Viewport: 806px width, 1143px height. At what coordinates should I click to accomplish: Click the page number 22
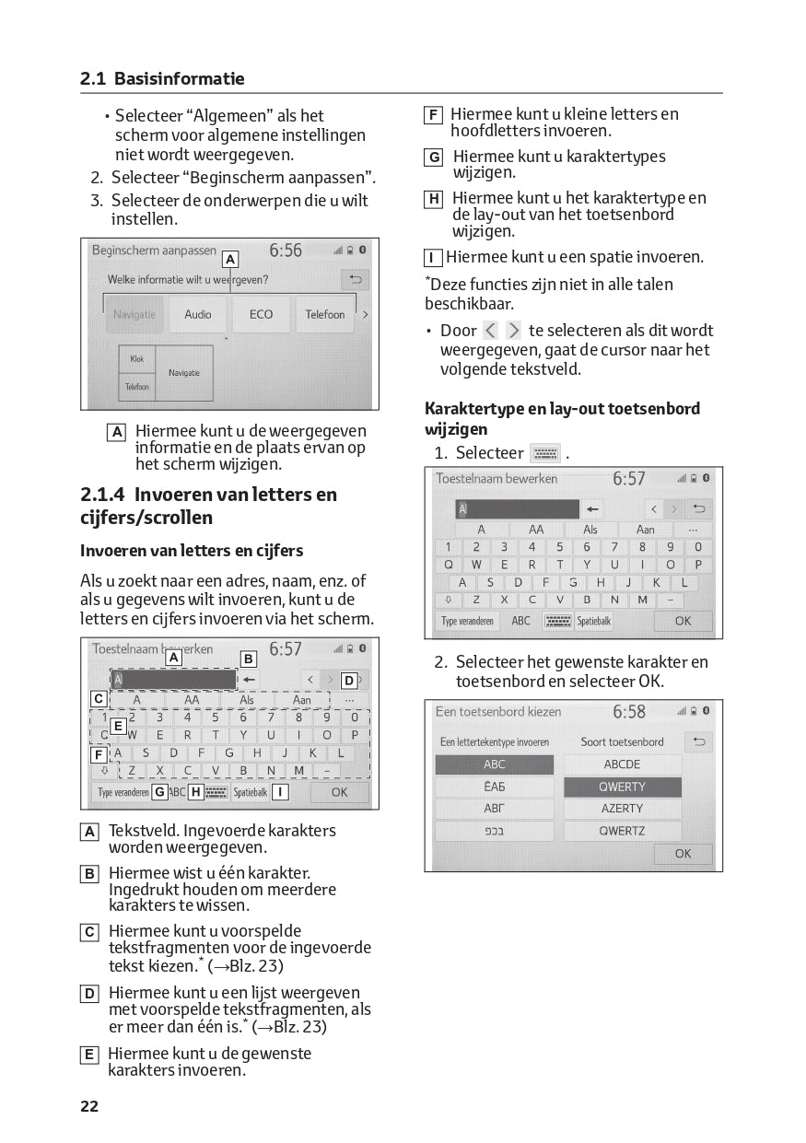tap(89, 1106)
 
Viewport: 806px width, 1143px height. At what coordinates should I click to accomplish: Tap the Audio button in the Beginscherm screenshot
tap(198, 314)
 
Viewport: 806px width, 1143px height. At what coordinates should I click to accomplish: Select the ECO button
tap(261, 314)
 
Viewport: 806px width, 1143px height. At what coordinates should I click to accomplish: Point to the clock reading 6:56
tap(286, 251)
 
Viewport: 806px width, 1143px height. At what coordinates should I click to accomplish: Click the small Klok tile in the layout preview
tap(137, 359)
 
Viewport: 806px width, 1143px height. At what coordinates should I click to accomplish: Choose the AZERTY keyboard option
tap(623, 809)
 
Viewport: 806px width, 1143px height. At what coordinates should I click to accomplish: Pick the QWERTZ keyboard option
tap(623, 831)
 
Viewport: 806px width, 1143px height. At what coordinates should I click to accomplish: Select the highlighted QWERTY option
tap(623, 787)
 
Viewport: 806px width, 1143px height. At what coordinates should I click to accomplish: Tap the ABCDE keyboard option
tap(623, 764)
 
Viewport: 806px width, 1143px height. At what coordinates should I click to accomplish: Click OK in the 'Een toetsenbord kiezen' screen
tap(683, 854)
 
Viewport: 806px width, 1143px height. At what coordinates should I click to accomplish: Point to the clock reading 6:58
tap(629, 712)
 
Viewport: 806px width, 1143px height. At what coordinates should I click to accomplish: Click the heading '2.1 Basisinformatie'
tap(162, 79)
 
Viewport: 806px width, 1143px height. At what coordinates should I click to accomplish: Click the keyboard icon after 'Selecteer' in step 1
tap(545, 453)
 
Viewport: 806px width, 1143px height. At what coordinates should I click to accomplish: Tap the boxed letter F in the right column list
tap(433, 115)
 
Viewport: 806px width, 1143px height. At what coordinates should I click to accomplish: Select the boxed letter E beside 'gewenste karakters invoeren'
tap(89, 1055)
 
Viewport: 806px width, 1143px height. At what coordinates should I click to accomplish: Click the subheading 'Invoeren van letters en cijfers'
tap(192, 551)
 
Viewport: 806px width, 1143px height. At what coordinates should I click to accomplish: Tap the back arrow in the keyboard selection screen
tap(698, 741)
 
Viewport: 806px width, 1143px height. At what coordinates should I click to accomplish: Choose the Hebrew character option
tap(495, 831)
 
